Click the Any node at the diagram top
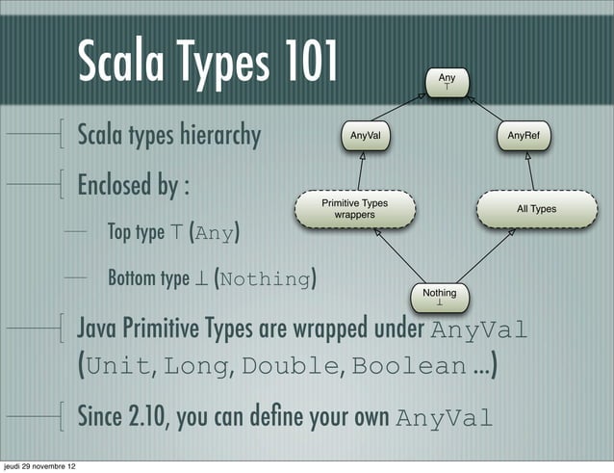pos(447,81)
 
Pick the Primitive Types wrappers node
pos(354,209)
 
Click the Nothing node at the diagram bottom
pos(440,296)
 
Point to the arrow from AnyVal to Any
pos(395,110)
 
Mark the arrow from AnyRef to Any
pos(495,110)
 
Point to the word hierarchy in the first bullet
pos(218,135)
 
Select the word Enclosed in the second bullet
pos(113,183)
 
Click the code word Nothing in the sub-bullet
pos(266,280)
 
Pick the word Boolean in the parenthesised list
pos(408,366)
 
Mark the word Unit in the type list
pos(120,366)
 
